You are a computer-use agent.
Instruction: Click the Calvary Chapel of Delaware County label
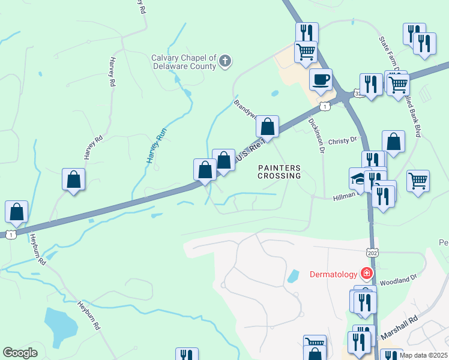tap(183, 62)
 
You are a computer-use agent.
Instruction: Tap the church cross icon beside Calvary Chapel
tap(225, 61)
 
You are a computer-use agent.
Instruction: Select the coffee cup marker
tap(321, 79)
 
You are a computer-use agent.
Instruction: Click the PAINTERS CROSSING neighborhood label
tap(279, 172)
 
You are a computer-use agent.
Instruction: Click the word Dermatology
tap(333, 275)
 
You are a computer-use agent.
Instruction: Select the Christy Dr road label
tap(343, 139)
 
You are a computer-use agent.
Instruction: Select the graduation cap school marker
tap(358, 178)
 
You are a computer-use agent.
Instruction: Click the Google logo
tap(20, 353)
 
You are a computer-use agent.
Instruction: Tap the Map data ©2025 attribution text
tap(423, 355)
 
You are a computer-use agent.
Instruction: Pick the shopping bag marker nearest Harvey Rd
tap(73, 179)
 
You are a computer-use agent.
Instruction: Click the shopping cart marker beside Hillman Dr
tap(418, 180)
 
